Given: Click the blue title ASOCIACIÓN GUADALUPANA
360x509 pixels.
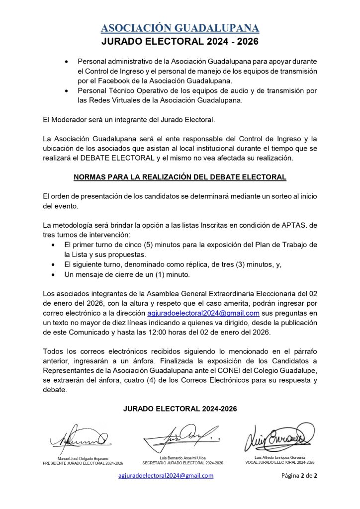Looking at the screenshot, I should click(x=180, y=28).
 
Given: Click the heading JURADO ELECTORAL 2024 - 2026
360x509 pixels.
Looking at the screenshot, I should click(x=180, y=42).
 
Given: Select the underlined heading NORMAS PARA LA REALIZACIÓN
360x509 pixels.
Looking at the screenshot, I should click(x=180, y=177).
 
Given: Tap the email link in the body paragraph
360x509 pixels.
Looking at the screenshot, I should click(x=203, y=313).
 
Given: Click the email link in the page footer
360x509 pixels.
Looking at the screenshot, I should click(x=166, y=476).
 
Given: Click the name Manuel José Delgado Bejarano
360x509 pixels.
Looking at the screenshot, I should click(x=83, y=458).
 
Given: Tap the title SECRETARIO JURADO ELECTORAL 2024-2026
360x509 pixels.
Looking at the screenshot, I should click(x=182, y=463).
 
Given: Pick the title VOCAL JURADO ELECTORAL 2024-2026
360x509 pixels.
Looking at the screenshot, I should click(x=279, y=462).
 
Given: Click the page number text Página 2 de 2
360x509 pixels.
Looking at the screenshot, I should click(x=299, y=476).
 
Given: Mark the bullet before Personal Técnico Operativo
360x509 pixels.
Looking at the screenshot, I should click(x=67, y=91).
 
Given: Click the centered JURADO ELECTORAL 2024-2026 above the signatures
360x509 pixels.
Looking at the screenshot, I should click(x=180, y=409).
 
